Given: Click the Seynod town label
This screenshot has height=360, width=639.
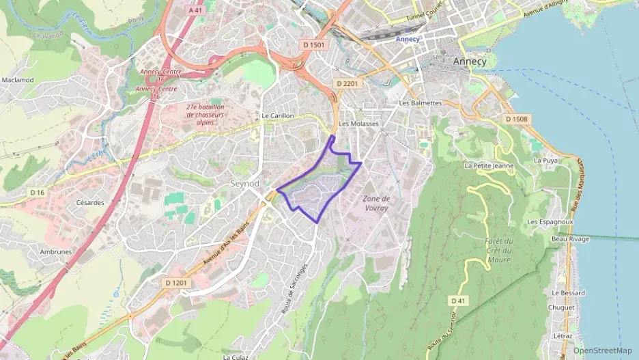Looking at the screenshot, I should point(244,184).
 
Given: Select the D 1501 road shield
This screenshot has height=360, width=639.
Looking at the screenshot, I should point(315,44).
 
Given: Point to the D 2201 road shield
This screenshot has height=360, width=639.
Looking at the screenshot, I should point(347,83).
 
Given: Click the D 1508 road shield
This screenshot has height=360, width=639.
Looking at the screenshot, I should point(517,119).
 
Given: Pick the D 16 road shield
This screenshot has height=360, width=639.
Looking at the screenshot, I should point(37,193).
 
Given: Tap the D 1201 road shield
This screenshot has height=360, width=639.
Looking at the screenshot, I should point(175,282).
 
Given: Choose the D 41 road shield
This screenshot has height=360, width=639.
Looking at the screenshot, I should point(458,301).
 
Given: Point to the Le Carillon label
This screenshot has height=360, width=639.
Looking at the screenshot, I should point(277,116).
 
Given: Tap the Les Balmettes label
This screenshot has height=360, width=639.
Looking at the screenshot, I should point(421,103).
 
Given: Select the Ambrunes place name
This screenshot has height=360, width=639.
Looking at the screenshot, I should point(56,251).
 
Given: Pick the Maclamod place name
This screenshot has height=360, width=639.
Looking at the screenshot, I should point(18,80).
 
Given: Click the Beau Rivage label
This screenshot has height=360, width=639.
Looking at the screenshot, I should point(570,239).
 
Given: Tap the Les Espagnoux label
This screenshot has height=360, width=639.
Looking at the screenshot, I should point(550,223).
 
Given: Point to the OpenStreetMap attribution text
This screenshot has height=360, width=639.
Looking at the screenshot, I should point(602,350).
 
